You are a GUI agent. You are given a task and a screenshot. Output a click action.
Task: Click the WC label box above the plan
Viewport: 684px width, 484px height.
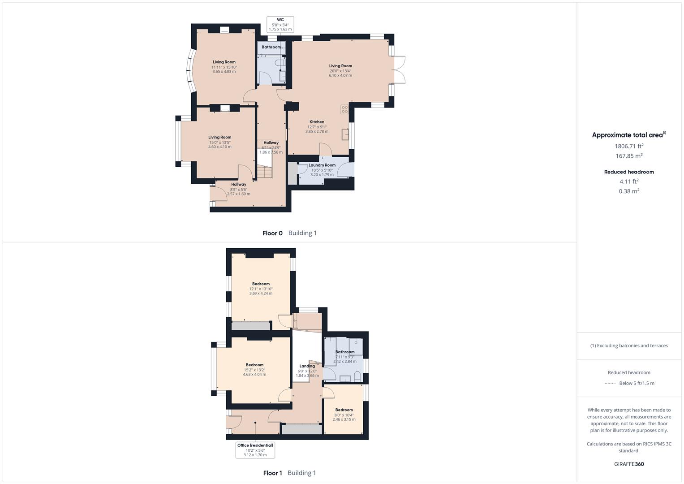(x=280, y=24)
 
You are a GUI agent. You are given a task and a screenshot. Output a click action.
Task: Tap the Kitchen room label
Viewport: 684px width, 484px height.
(x=317, y=122)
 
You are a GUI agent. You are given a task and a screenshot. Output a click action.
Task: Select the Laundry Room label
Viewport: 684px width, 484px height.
(x=322, y=165)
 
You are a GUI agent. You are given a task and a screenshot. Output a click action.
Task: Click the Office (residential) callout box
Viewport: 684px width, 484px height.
(x=255, y=450)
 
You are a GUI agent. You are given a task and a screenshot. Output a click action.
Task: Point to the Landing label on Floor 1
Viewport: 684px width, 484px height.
(x=307, y=366)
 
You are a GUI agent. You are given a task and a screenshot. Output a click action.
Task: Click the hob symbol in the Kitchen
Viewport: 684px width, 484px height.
(x=344, y=109)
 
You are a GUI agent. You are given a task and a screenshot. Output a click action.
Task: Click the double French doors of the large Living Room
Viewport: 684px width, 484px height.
(x=399, y=69)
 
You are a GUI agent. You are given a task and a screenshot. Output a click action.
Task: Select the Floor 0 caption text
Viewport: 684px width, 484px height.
(x=272, y=233)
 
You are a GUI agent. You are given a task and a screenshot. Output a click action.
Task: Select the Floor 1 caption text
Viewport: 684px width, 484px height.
(x=272, y=473)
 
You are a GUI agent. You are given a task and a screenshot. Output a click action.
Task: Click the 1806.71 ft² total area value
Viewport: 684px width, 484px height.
(x=629, y=146)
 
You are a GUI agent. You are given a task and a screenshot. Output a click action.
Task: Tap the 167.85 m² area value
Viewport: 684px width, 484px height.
(x=629, y=156)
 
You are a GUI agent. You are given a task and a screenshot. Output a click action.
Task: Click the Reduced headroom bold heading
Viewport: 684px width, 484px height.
(x=629, y=172)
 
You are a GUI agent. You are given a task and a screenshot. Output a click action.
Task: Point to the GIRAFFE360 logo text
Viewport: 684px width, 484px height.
(x=629, y=464)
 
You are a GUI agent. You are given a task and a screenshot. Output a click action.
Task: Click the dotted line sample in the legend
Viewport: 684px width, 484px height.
(x=610, y=383)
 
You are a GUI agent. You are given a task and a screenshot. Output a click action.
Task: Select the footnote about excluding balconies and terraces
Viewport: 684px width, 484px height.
(x=629, y=346)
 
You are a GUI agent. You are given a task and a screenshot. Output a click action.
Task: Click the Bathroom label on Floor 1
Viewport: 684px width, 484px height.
(x=345, y=352)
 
